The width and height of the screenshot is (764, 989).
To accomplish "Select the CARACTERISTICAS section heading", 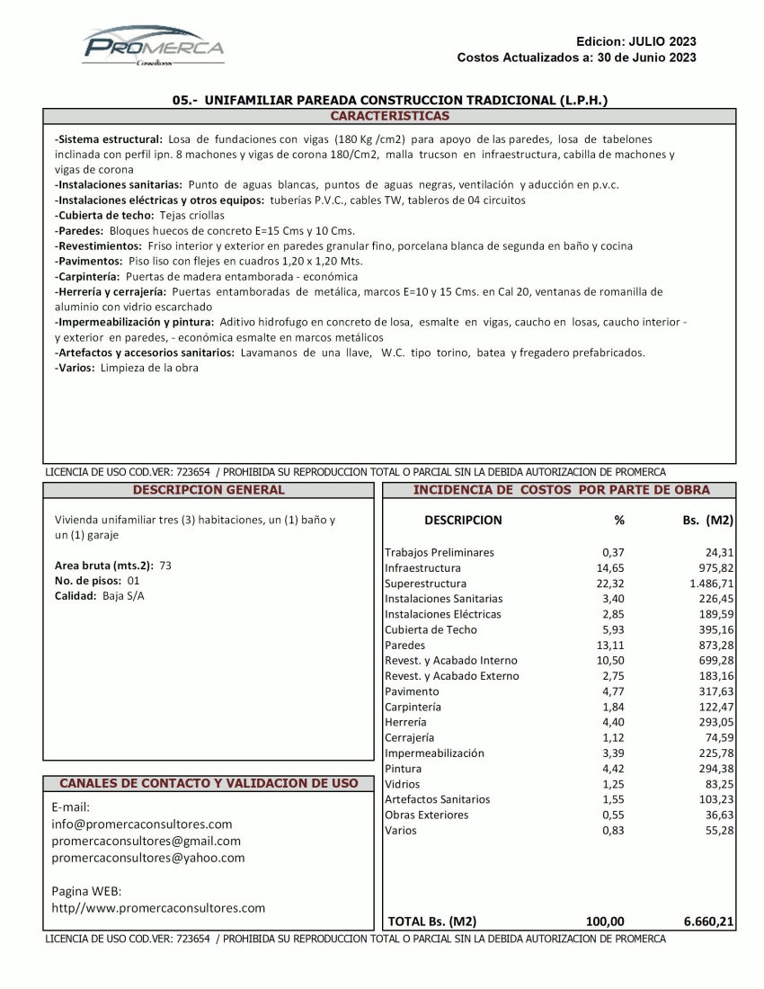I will pyautogui.click(x=389, y=116).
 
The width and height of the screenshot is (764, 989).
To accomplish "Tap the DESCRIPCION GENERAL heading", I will pyautogui.click(x=208, y=490).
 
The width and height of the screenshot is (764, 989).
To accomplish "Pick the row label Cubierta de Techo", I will pyautogui.click(x=431, y=629).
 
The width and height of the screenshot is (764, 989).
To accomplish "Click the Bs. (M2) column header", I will pyautogui.click(x=706, y=520).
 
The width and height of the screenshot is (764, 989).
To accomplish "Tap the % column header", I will pyautogui.click(x=618, y=520).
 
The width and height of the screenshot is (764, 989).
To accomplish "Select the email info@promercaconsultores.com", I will pyautogui.click(x=142, y=824).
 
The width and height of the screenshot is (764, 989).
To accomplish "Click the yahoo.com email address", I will pyautogui.click(x=148, y=858).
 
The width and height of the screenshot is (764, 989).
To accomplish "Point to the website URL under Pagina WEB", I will pyautogui.click(x=159, y=908).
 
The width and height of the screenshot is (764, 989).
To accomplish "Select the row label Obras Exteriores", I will pyautogui.click(x=426, y=815).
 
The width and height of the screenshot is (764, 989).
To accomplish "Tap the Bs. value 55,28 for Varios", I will pyautogui.click(x=718, y=830).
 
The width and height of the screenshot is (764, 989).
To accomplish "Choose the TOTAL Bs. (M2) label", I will pyautogui.click(x=431, y=921).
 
